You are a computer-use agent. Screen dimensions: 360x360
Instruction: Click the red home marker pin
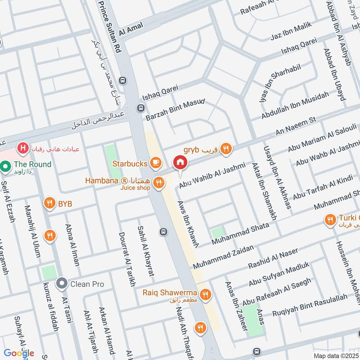click(180, 162)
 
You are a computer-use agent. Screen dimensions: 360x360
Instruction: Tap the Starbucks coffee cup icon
click(156, 162)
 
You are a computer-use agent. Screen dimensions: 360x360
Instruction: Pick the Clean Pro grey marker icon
click(61, 284)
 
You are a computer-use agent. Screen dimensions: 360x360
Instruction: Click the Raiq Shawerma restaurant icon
click(206, 294)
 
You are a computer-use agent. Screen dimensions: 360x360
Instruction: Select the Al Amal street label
click(131, 28)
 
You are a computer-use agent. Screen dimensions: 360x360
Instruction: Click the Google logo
click(19, 353)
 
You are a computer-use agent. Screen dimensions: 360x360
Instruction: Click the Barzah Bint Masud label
click(175, 109)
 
